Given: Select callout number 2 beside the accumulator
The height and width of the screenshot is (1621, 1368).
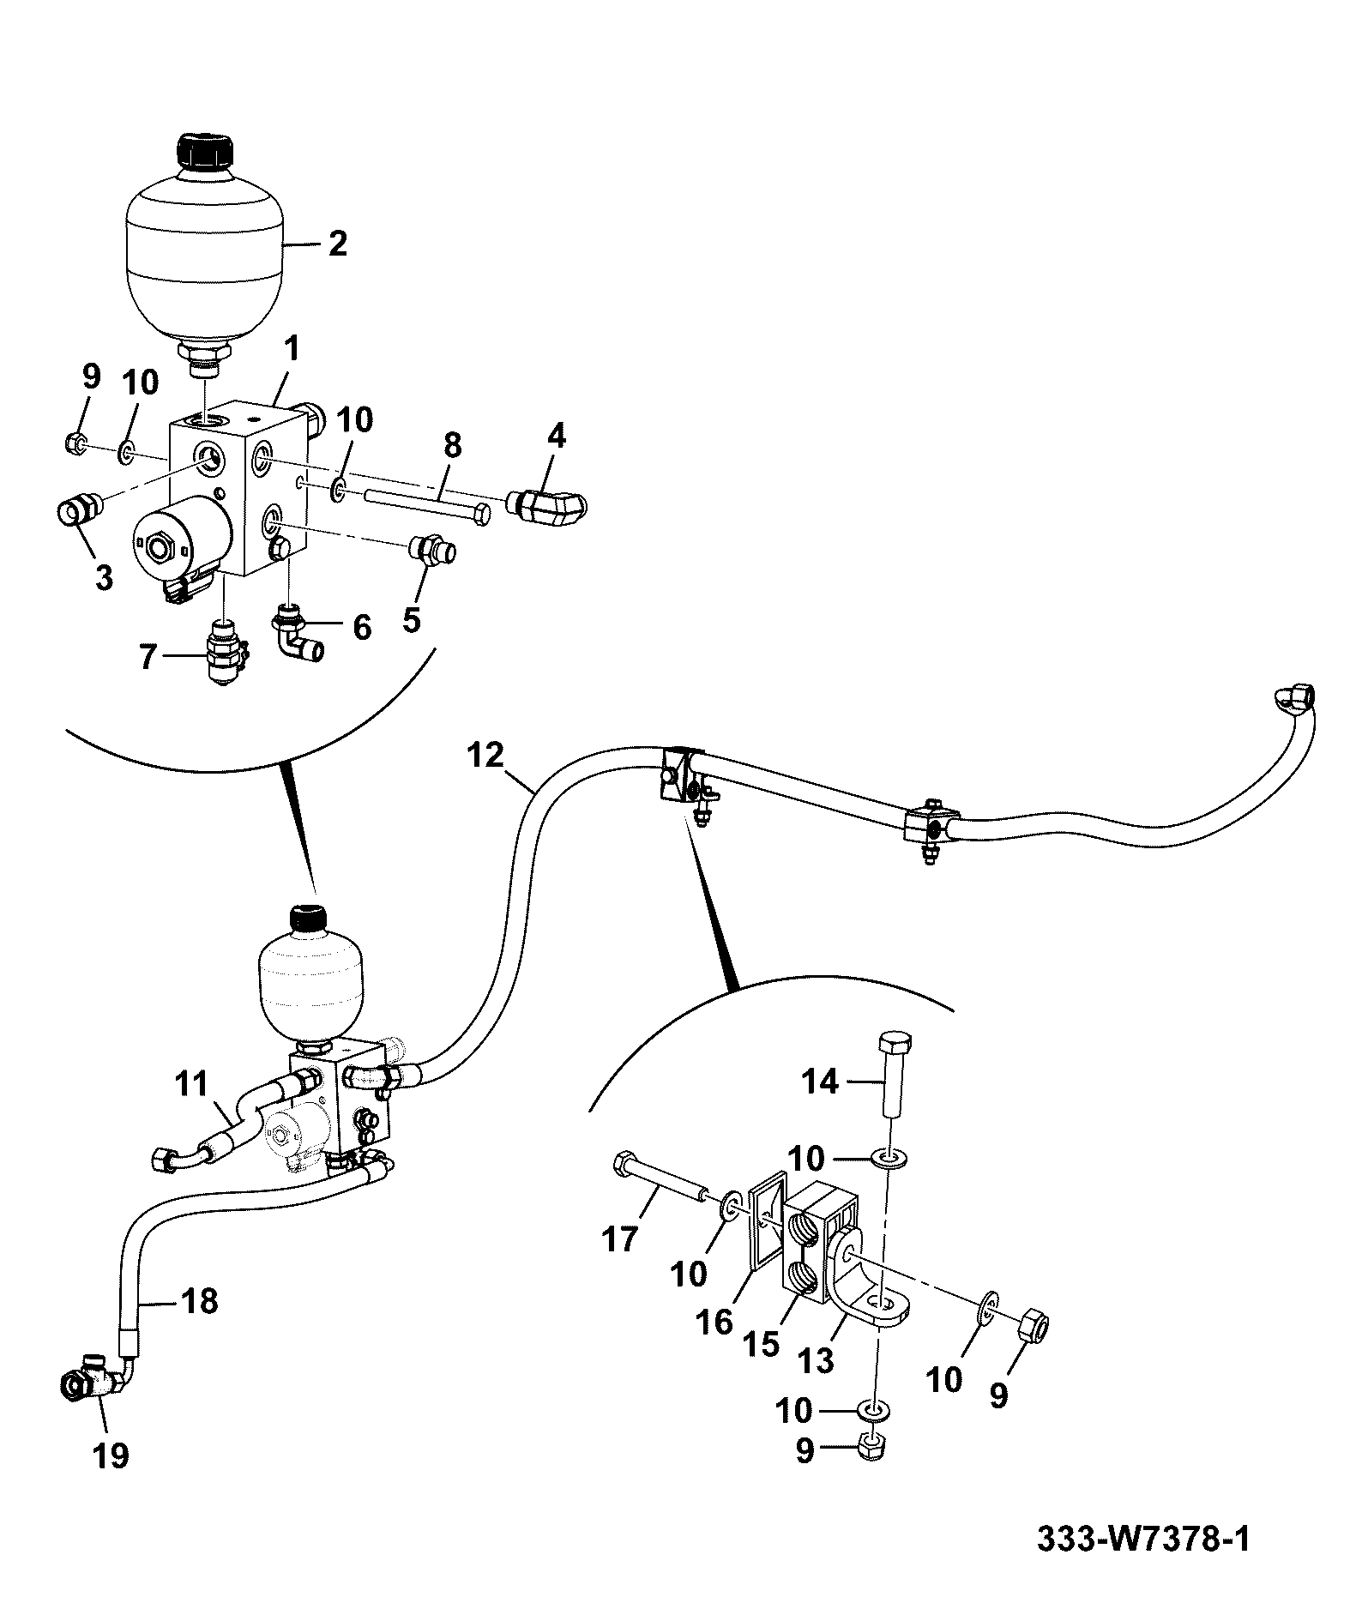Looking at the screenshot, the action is [x=337, y=244].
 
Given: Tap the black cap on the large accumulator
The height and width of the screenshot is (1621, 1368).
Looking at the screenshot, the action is [x=206, y=153].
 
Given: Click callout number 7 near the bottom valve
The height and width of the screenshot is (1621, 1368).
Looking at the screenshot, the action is [x=148, y=657].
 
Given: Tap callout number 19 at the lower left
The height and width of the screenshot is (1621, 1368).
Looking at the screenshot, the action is [x=111, y=1455].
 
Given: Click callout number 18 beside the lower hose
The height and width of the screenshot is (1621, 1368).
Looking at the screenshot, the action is [x=199, y=1302].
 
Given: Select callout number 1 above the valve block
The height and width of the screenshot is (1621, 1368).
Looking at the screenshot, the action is [x=292, y=348].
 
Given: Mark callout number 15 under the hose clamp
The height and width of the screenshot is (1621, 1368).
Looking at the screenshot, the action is [x=762, y=1344].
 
